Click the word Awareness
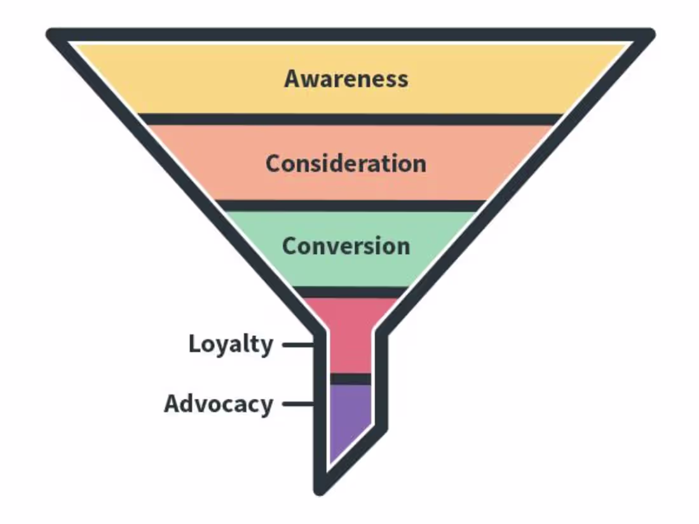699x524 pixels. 346,79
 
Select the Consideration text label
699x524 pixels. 346,163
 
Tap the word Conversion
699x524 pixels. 346,246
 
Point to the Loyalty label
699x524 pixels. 230,344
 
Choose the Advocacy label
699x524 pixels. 219,404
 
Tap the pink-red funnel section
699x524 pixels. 350,337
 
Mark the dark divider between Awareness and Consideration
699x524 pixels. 350,119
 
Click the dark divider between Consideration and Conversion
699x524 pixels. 350,206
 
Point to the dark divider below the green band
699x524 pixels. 350,292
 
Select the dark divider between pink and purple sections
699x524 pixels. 350,379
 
